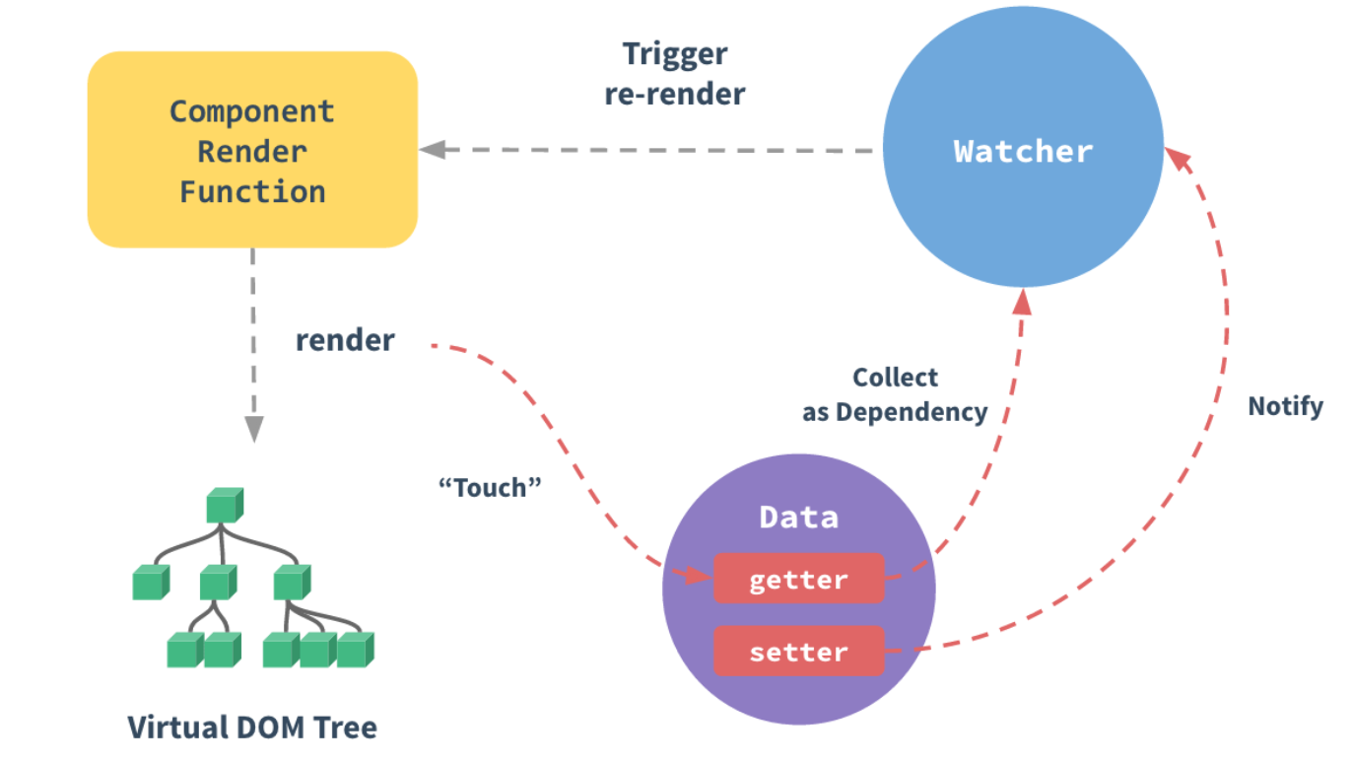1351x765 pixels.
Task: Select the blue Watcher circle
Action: [x=1023, y=152]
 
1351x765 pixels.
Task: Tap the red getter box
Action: [x=798, y=579]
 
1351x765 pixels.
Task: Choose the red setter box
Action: [x=798, y=652]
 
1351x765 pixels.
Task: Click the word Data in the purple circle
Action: [x=798, y=518]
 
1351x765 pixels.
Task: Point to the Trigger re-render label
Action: [x=675, y=74]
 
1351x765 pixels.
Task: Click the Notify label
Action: [x=1285, y=406]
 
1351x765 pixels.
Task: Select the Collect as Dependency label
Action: [x=895, y=394]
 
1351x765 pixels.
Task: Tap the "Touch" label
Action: [x=490, y=486]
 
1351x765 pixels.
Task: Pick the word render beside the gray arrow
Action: [x=345, y=340]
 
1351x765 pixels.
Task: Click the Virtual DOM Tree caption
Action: [x=252, y=728]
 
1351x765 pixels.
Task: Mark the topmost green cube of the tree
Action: [x=224, y=505]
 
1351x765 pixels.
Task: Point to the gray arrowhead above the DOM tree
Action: [x=253, y=429]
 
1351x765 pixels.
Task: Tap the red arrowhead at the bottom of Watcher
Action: [x=1023, y=301]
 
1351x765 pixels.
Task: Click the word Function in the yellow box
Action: [x=252, y=191]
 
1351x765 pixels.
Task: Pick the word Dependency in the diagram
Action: [x=912, y=412]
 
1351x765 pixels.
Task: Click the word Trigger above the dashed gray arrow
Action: [x=675, y=54]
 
